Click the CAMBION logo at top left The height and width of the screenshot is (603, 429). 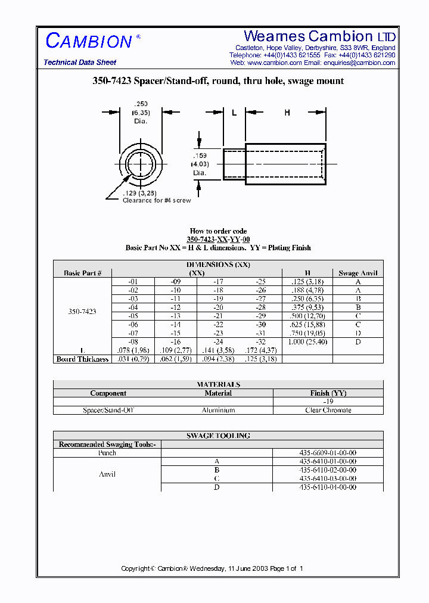coord(89,41)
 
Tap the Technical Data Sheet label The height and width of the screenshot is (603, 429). coord(80,63)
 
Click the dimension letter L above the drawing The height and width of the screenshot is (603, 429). coord(234,112)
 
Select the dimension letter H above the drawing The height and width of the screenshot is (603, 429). coord(287,112)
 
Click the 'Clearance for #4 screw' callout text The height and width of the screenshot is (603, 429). coord(157,201)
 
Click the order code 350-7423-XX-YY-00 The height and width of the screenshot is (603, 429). coord(218,239)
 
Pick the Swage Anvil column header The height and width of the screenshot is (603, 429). coord(357,273)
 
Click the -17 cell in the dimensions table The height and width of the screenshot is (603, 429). coord(217,281)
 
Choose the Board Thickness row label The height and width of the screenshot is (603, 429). coord(83,359)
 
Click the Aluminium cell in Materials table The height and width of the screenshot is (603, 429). coord(218,410)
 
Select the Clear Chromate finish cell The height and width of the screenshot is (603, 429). coord(328,410)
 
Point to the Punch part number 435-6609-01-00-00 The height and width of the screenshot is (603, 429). coord(328,453)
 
